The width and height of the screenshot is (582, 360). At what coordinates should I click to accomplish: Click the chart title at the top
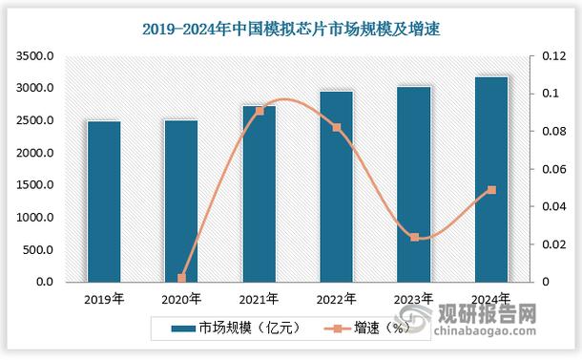point(291,29)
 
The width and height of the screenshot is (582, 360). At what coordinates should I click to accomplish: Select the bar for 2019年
point(104,201)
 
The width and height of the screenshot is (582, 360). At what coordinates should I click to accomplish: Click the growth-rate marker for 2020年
point(181,279)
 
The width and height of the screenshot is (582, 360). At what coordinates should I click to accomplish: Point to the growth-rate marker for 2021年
point(260,111)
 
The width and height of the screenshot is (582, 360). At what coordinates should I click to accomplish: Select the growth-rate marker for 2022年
point(336,127)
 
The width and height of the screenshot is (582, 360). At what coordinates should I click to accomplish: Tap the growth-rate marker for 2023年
point(414,237)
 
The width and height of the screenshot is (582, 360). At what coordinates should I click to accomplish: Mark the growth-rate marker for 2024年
point(491,190)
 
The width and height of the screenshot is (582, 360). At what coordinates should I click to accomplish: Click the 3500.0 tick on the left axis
point(31,56)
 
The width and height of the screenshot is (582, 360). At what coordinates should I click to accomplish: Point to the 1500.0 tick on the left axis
point(31,185)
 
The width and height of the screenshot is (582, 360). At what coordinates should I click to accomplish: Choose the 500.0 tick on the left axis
point(35,250)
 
